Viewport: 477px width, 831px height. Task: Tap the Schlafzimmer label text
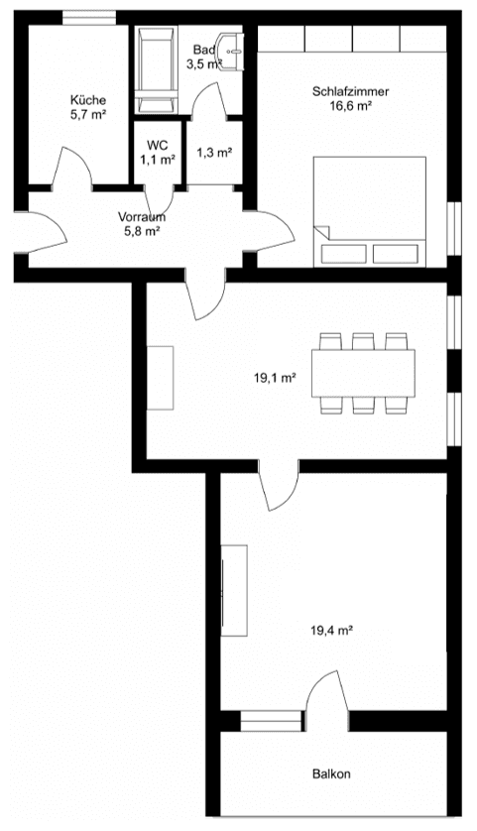pyautogui.click(x=350, y=91)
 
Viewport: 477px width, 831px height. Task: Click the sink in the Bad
pyautogui.click(x=233, y=47)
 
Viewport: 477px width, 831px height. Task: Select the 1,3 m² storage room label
pyautogui.click(x=214, y=152)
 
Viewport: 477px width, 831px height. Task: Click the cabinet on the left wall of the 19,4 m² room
pyautogui.click(x=234, y=590)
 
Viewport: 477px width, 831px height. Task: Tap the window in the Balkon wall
pyautogui.click(x=270, y=721)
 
